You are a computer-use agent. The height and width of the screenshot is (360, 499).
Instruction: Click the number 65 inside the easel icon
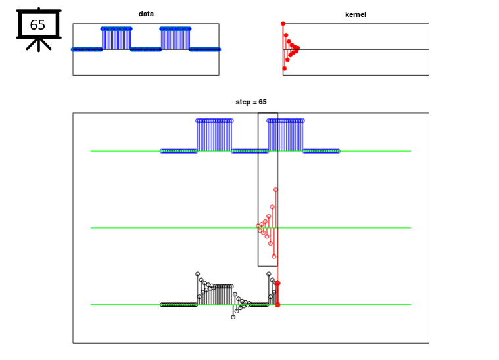click(x=37, y=24)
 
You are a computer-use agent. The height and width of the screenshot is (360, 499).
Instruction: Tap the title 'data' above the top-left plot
click(x=146, y=14)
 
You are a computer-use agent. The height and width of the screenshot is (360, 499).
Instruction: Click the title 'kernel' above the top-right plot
click(x=356, y=14)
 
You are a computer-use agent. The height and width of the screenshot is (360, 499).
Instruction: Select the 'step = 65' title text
click(x=251, y=102)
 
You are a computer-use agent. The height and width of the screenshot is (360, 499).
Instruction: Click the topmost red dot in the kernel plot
click(x=283, y=24)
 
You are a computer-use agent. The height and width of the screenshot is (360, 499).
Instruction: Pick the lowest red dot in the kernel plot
click(x=285, y=68)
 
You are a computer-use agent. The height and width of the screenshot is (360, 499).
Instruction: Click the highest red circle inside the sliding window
click(x=276, y=190)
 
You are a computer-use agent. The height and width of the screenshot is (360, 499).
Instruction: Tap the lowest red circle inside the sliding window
click(x=274, y=256)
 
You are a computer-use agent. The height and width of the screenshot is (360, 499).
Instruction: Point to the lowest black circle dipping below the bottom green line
click(x=233, y=317)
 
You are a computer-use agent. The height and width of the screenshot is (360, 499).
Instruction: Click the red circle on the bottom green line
click(x=278, y=305)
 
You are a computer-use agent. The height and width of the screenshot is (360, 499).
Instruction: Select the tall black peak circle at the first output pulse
click(x=198, y=274)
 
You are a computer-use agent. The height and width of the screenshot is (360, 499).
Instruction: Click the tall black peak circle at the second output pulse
click(x=269, y=274)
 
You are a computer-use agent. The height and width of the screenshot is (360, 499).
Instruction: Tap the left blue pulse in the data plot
click(x=116, y=39)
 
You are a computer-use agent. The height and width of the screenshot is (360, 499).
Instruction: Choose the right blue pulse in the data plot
click(x=176, y=39)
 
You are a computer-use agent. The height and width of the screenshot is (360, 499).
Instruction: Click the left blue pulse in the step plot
click(x=214, y=135)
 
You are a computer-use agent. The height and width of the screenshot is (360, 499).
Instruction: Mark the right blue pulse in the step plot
click(x=286, y=135)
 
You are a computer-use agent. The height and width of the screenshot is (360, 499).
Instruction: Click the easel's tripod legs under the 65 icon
click(x=39, y=45)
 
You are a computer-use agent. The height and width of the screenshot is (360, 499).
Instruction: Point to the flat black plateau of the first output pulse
click(x=224, y=286)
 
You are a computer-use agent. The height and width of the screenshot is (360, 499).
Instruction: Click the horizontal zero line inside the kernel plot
click(x=356, y=49)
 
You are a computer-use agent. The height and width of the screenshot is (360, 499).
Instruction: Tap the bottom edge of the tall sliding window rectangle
click(x=268, y=266)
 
